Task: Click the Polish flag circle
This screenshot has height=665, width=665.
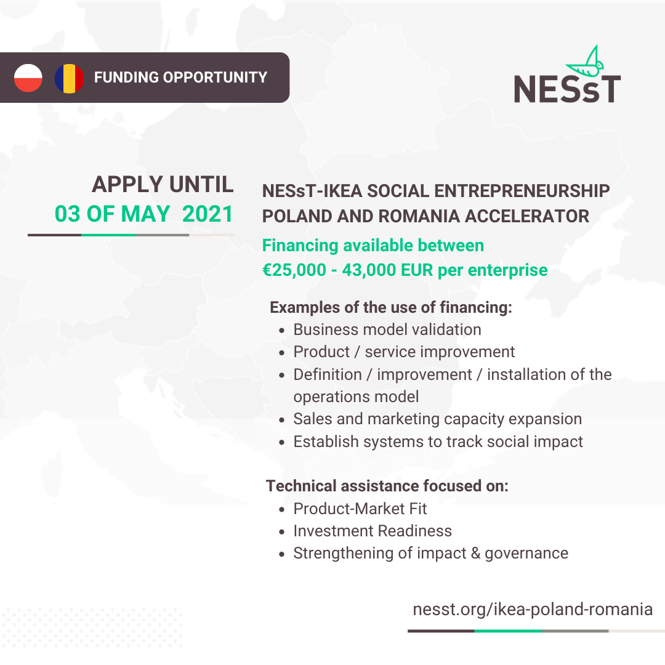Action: point(28,78)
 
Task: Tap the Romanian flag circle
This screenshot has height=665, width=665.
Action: point(69,78)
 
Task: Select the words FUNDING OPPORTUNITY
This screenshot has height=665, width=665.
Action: point(180,78)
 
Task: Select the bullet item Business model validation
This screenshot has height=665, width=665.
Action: point(387,329)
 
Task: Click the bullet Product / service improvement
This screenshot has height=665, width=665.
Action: point(404,352)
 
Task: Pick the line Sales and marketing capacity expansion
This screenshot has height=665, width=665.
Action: point(437,419)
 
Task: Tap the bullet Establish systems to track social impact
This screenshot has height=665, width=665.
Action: point(438,441)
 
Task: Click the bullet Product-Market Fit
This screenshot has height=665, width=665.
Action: point(360,509)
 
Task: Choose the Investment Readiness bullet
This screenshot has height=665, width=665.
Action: point(372,531)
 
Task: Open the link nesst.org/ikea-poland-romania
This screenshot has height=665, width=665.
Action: point(533,609)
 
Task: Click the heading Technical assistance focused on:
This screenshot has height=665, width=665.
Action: point(387,486)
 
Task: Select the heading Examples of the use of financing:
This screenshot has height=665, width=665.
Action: point(391,307)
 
